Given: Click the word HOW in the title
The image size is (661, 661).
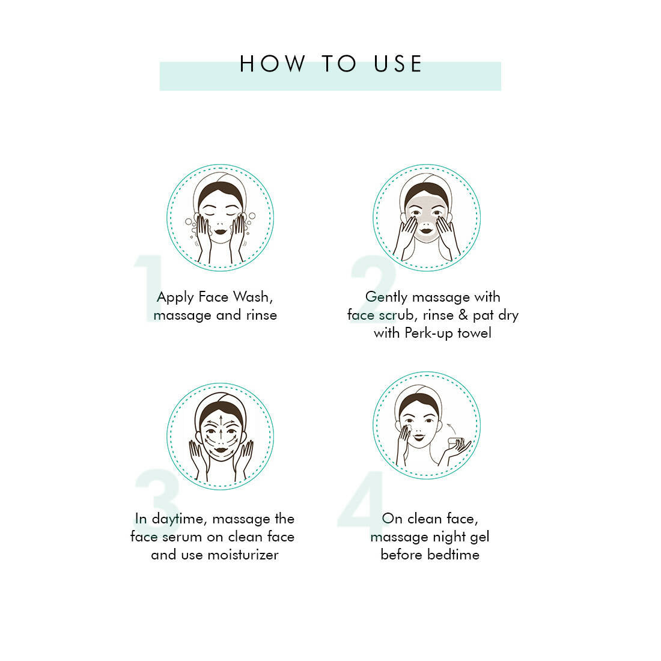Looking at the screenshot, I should coord(272,64).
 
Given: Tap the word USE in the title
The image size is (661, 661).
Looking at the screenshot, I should coord(398,64).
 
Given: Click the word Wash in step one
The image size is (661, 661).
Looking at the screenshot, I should coord(252,297).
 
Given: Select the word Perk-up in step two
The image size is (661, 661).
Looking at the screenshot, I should coord(429,333).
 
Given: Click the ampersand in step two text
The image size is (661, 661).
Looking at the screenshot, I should coord(463,315).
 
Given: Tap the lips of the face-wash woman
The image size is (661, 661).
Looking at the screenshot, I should coord(221,230).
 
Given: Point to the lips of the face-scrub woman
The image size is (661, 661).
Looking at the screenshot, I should coord(427,228).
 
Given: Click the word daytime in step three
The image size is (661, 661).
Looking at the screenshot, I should coord(177,519).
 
